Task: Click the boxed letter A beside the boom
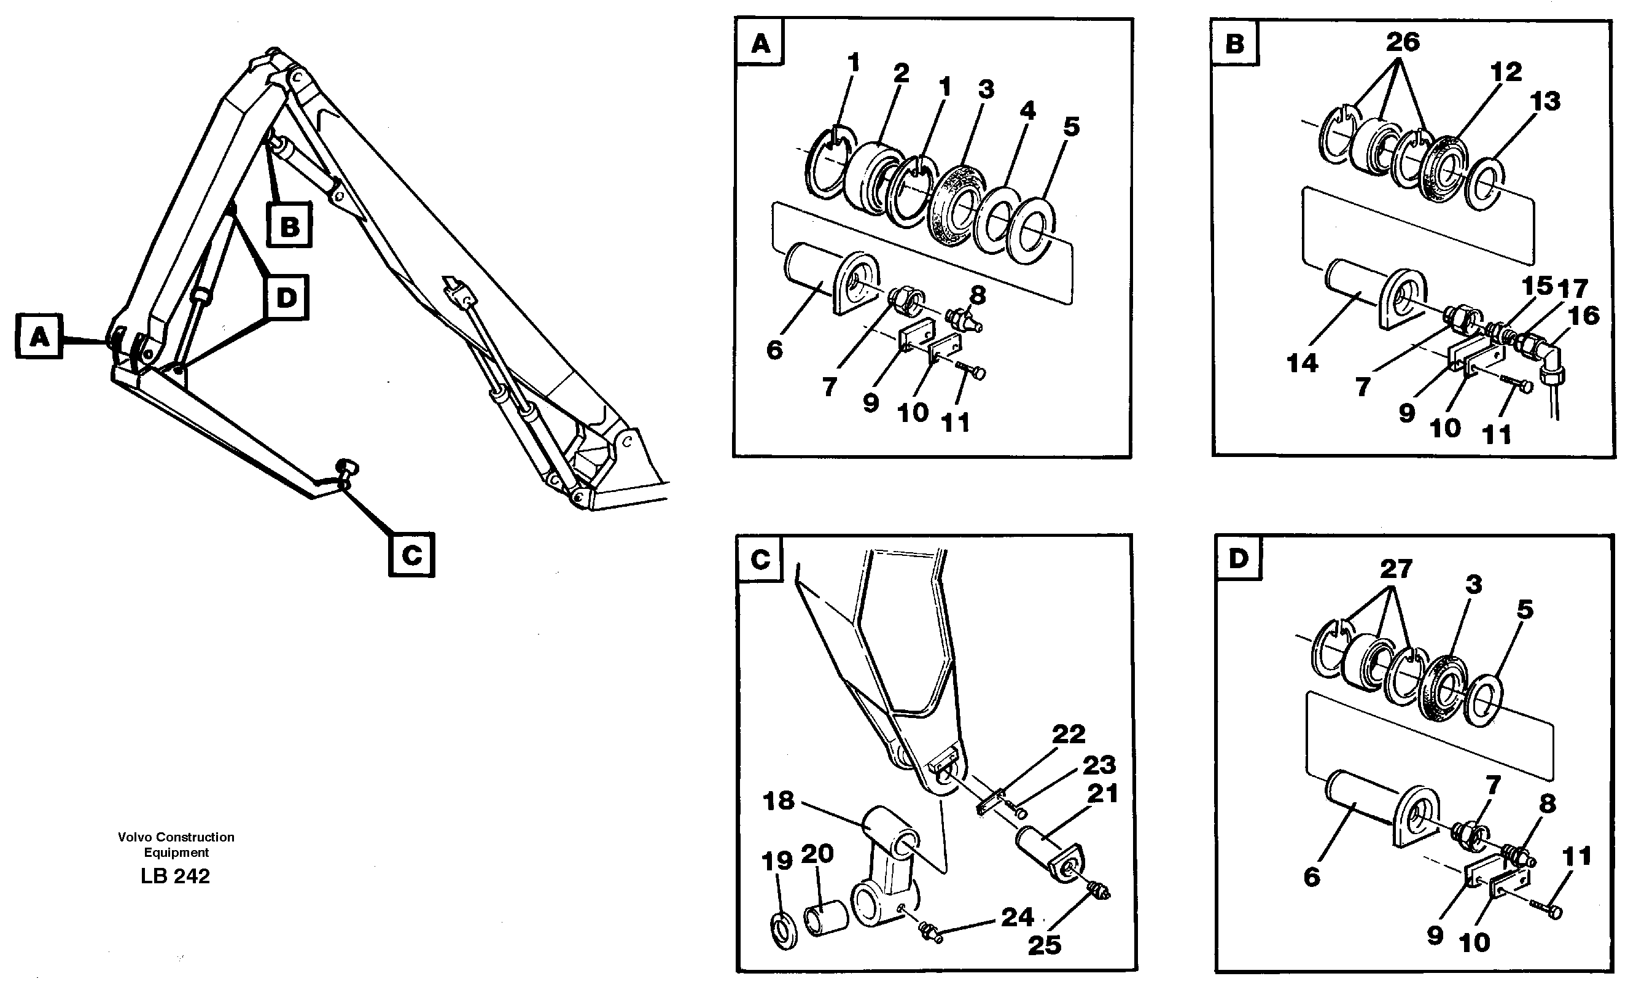[39, 337]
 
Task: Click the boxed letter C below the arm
[411, 554]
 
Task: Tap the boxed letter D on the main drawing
[286, 298]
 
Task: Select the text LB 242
[175, 876]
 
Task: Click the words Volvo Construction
[176, 837]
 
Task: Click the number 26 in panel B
[1403, 42]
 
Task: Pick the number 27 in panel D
[1396, 569]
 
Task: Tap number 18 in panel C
[778, 801]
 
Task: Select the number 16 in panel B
[1584, 316]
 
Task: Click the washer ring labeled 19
[785, 931]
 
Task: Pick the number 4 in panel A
[1027, 110]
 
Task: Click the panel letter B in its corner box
[1234, 44]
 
